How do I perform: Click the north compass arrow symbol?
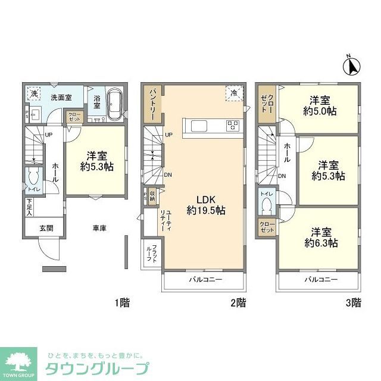coord(352,65)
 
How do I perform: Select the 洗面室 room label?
coord(61,96)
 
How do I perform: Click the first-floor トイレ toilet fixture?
coord(34,179)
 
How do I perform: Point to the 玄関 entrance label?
coord(46,227)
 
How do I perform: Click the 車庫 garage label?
coord(99,227)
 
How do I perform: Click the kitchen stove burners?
coord(232,125)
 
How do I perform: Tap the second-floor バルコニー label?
coord(205,279)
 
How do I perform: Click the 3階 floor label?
coord(352,302)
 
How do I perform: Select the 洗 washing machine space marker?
coord(34,94)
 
